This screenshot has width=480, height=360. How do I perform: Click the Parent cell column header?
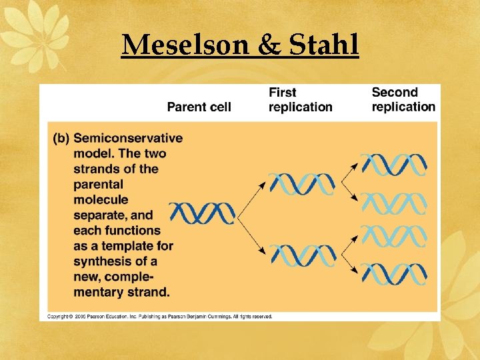pyautogui.click(x=199, y=107)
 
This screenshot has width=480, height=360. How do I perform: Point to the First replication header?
pyautogui.click(x=300, y=99)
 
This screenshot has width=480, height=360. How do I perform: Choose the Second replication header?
pyautogui.click(x=403, y=99)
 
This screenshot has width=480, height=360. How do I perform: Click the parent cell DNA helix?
pyautogui.click(x=202, y=213)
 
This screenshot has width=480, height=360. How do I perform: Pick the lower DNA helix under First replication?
pyautogui.click(x=303, y=255)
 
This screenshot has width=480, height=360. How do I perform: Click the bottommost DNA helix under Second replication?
pyautogui.click(x=393, y=273)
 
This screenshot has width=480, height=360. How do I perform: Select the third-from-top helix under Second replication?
pyautogui.click(x=393, y=236)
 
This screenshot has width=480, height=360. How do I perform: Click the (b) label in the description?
pyautogui.click(x=61, y=139)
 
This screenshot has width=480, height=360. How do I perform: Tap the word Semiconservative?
pyautogui.click(x=128, y=139)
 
